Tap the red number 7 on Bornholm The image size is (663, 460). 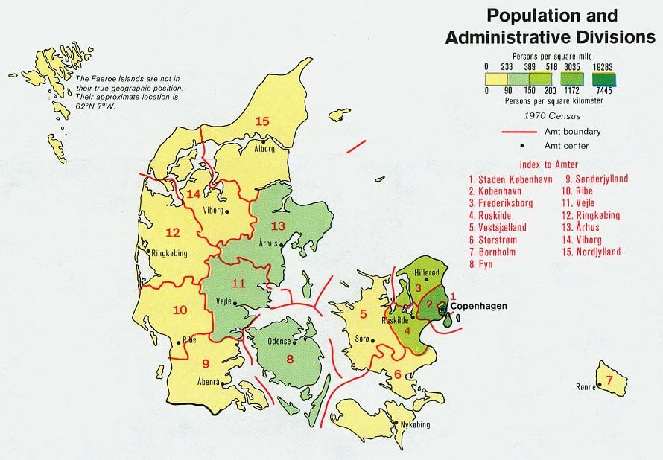click(609, 381)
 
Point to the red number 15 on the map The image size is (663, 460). click(261, 121)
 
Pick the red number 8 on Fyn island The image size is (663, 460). click(290, 360)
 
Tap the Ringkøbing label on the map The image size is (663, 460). click(169, 253)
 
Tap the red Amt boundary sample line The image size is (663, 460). click(520, 131)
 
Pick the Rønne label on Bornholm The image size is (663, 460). click(587, 386)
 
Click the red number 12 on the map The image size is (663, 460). click(173, 231)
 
